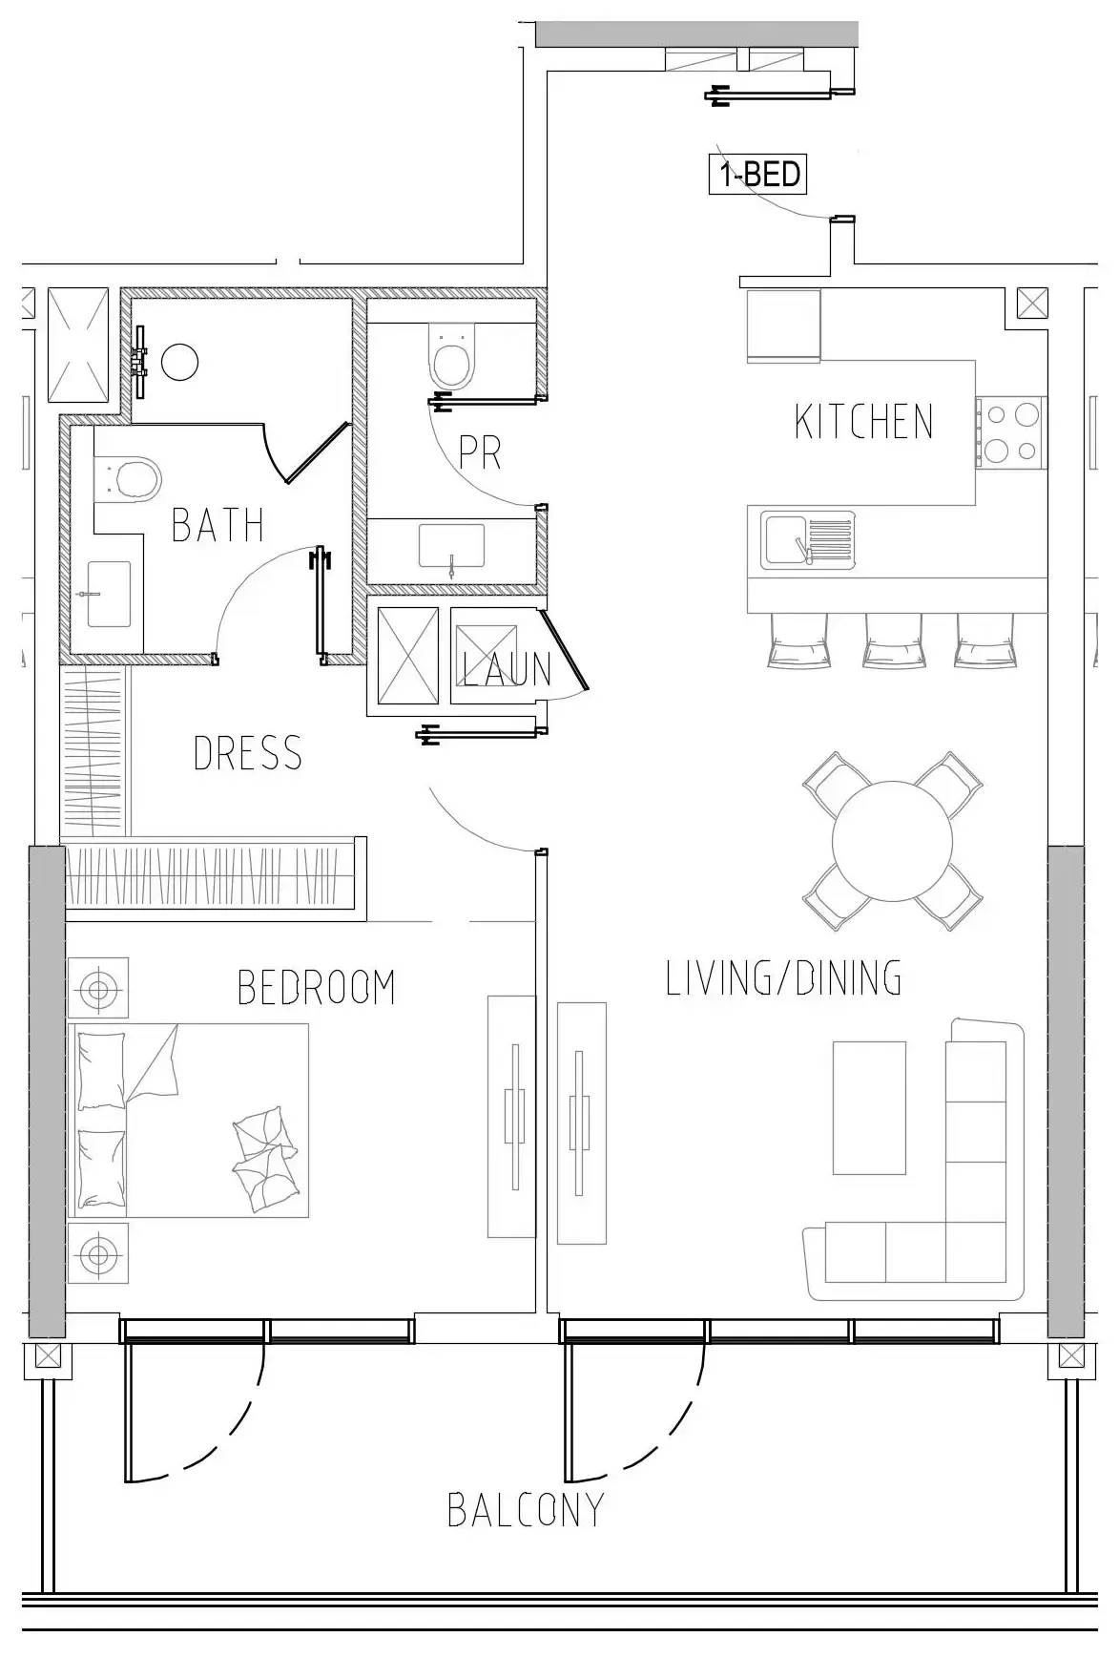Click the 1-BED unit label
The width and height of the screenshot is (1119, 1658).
(759, 175)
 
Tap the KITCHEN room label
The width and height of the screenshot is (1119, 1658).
(864, 422)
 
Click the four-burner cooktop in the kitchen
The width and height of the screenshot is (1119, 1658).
(1010, 432)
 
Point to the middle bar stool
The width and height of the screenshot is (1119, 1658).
(893, 639)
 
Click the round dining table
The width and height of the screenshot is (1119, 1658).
(892, 841)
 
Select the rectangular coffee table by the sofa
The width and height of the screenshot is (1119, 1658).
(869, 1107)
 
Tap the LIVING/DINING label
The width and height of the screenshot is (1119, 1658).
(783, 978)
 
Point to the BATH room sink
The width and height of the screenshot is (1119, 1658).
(109, 594)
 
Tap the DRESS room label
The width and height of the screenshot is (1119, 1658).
(248, 753)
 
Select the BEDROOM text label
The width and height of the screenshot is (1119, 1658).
(317, 987)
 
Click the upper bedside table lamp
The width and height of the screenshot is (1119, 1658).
(97, 987)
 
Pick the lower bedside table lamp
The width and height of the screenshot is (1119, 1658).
(97, 1250)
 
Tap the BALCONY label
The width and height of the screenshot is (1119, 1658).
(527, 1509)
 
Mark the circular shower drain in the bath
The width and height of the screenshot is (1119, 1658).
(179, 363)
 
